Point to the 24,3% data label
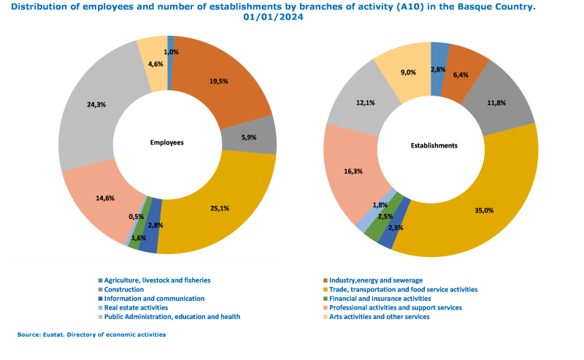click(96, 104)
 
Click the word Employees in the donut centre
click(167, 143)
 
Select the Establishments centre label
click(434, 145)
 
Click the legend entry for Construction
click(123, 289)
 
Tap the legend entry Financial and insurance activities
click(380, 298)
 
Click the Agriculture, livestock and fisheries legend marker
click(100, 280)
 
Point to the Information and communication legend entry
click(154, 298)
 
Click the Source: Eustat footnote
click(92, 334)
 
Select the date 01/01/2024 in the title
click(273, 18)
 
